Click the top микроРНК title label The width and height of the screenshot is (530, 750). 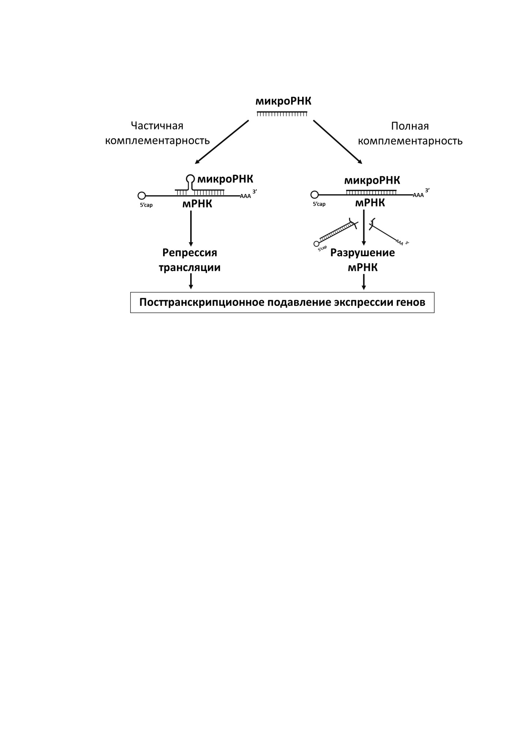click(x=283, y=101)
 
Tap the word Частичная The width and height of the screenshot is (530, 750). click(x=157, y=126)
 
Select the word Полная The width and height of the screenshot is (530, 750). click(x=410, y=126)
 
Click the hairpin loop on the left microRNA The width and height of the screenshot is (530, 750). click(x=190, y=179)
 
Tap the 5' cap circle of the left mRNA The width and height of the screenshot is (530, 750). click(x=142, y=196)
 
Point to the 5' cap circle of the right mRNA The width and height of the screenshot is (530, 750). click(x=314, y=195)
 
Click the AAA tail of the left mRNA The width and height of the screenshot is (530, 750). click(x=245, y=196)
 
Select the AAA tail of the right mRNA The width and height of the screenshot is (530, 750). click(x=418, y=195)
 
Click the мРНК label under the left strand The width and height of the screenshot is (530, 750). click(x=197, y=204)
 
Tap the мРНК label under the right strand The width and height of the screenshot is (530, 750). click(x=370, y=203)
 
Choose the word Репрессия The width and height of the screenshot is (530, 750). click(x=190, y=253)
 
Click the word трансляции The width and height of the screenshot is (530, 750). click(x=189, y=267)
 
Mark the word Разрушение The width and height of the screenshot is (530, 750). click(x=362, y=253)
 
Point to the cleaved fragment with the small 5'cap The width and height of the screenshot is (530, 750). click(x=336, y=233)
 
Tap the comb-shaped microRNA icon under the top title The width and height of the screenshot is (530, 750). click(x=282, y=114)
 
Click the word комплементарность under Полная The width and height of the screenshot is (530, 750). click(x=410, y=141)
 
